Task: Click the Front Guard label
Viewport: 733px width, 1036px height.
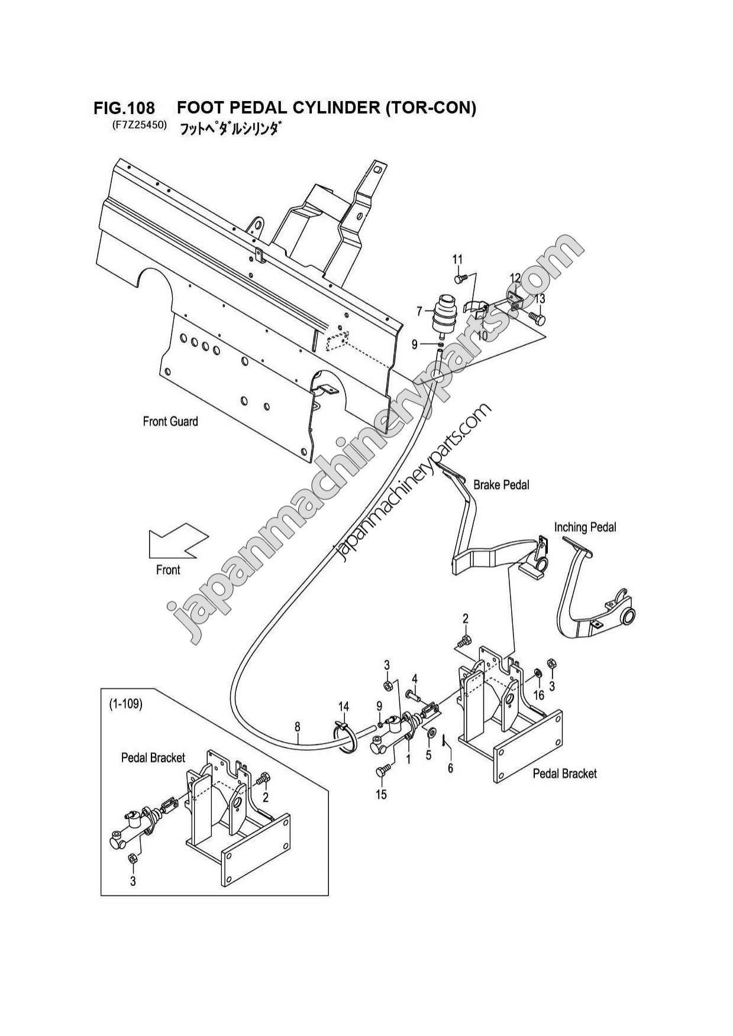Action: [x=170, y=422]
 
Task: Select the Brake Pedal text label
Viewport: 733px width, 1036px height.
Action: [x=501, y=485]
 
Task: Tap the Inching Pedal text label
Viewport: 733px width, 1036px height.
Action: [x=585, y=527]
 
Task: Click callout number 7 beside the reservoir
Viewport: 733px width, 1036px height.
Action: [x=419, y=312]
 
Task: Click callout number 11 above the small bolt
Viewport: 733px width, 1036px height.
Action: [x=457, y=259]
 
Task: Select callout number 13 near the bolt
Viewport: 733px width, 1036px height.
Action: [x=540, y=299]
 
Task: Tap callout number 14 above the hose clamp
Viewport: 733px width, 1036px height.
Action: [x=344, y=707]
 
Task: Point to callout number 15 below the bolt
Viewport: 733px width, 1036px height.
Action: [x=381, y=795]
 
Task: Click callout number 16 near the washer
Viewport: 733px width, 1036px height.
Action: [x=538, y=695]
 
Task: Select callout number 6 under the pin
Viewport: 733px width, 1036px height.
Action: [x=450, y=768]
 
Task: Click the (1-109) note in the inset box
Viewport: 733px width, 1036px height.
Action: [x=125, y=705]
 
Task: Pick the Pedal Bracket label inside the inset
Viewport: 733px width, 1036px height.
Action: [x=153, y=757]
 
